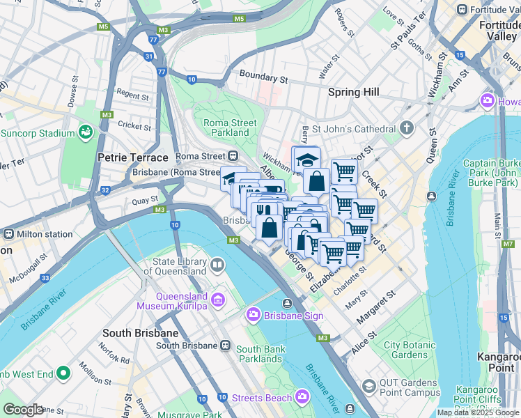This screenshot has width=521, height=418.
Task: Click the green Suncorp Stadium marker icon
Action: (x=86, y=132)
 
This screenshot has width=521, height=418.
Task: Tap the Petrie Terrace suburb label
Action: (x=133, y=157)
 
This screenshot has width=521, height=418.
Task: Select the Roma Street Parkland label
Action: (x=230, y=127)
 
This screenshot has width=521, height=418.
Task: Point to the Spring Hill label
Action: (x=354, y=92)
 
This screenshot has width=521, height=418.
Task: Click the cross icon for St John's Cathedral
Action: (x=407, y=128)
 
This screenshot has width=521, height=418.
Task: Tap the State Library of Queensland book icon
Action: (x=217, y=265)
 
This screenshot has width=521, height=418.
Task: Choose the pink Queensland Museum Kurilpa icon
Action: (x=218, y=300)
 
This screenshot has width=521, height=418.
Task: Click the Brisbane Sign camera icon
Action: (x=253, y=316)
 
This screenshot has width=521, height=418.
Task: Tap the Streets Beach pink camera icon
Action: (x=302, y=397)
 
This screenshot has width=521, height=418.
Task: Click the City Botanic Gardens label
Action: (x=410, y=350)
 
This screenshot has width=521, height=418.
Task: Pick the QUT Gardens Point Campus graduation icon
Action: (x=368, y=386)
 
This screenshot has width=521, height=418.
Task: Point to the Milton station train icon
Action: (x=10, y=234)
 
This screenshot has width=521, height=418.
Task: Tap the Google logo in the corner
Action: (x=23, y=410)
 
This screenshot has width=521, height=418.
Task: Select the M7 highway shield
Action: (x=508, y=245)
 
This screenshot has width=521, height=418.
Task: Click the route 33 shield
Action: (x=45, y=279)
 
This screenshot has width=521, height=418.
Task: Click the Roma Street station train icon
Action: (x=233, y=156)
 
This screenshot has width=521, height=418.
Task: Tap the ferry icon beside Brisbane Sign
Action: (x=287, y=303)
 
